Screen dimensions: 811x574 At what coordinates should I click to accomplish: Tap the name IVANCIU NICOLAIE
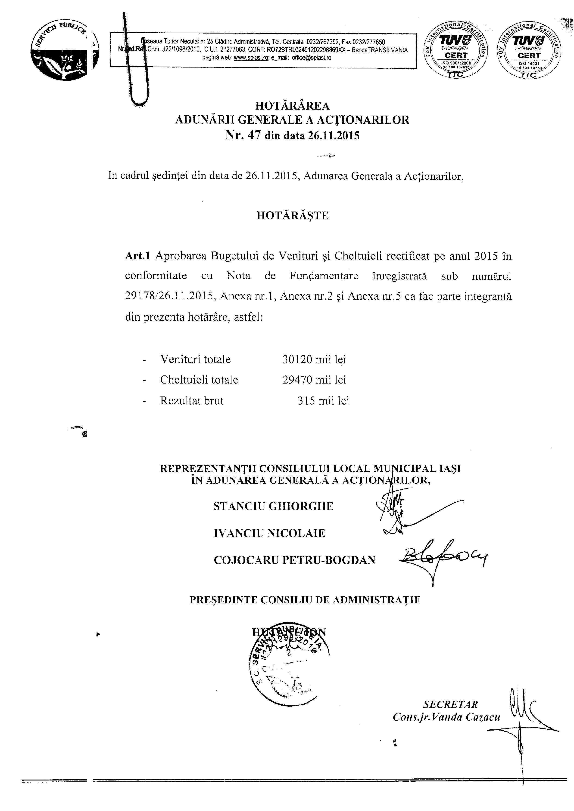pyautogui.click(x=269, y=533)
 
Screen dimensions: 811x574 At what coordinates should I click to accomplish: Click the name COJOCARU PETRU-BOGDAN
pyautogui.click(x=294, y=560)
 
